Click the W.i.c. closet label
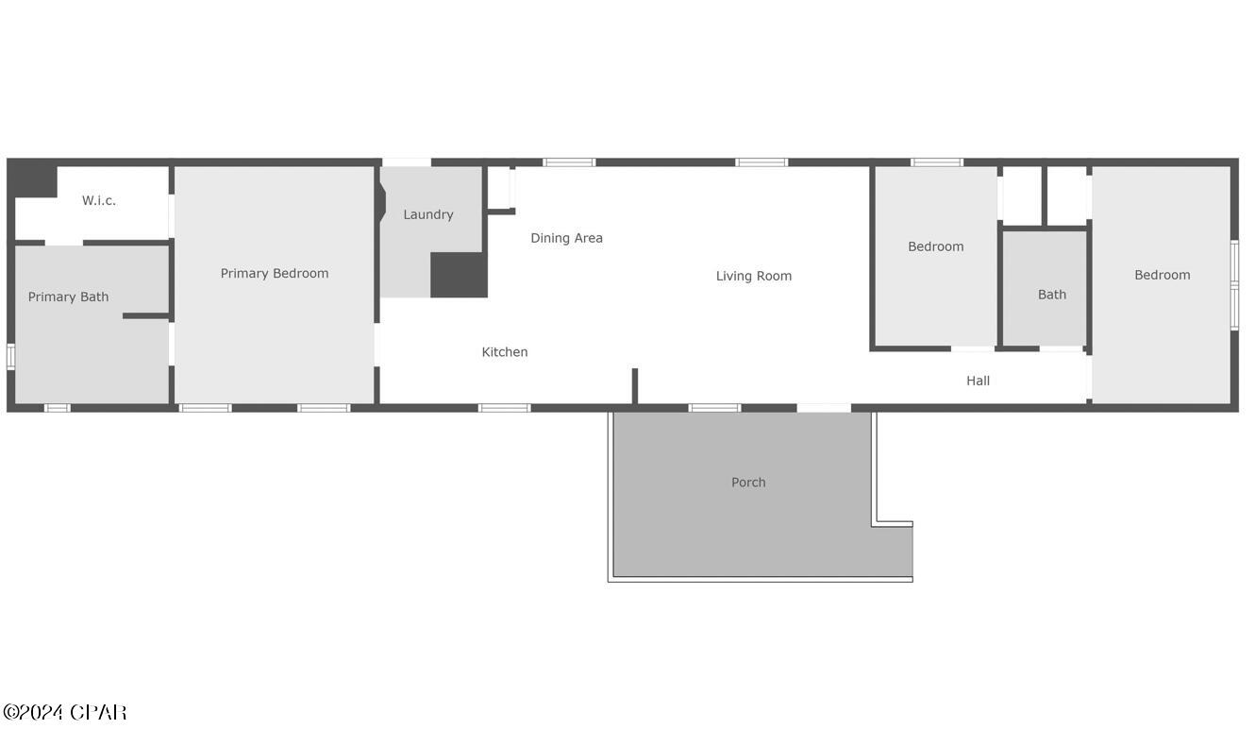pos(99,200)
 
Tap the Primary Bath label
pos(68,297)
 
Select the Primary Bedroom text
pos(275,273)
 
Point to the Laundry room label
pos(428,214)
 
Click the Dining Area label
pos(566,238)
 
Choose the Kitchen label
pos(505,351)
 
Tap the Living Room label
pos(754,276)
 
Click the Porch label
pos(748,482)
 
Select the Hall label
pos(978,381)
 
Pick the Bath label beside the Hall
pos(1052,295)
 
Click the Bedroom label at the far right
pos(1163,275)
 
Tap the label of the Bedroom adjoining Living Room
pos(936,246)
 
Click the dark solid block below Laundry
pos(459,275)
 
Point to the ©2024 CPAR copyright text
pos(64,712)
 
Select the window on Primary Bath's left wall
pos(10,356)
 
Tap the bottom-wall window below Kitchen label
pos(504,408)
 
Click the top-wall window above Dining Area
pos(569,162)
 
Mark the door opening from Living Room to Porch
pos(824,408)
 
